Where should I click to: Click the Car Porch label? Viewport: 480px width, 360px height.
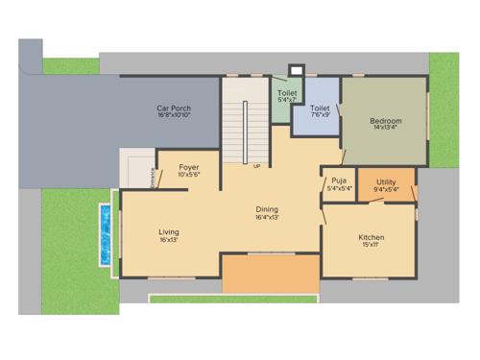(174, 108)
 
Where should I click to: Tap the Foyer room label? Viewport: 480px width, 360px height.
(188, 167)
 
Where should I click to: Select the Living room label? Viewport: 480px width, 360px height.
(169, 231)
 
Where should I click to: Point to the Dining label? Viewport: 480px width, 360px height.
(267, 209)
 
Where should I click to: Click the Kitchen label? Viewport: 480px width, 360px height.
(371, 237)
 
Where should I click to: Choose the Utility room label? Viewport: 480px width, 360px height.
(386, 181)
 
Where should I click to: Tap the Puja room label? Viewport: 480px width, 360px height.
(339, 180)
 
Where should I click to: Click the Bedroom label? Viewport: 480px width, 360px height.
(386, 120)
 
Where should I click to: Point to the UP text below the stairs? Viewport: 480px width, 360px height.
(256, 166)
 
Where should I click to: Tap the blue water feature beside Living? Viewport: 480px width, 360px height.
(104, 235)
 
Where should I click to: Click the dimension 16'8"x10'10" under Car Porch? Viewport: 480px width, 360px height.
(174, 117)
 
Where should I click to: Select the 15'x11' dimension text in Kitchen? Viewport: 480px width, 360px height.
(371, 246)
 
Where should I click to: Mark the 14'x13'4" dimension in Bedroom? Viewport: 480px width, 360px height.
(386, 129)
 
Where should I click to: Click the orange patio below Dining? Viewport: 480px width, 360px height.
(270, 275)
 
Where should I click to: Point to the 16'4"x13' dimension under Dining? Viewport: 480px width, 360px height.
(267, 218)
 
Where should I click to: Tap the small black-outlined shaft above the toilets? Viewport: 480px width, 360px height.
(296, 69)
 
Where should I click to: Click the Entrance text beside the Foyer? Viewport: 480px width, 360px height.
(152, 178)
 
